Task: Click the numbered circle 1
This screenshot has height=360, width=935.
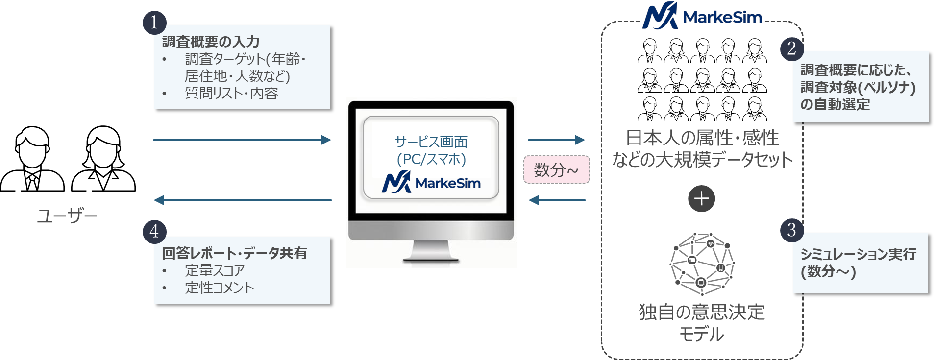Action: [154, 23]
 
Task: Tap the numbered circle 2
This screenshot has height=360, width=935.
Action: [791, 48]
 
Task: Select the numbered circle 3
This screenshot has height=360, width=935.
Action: [791, 230]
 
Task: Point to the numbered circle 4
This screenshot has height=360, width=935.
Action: [154, 231]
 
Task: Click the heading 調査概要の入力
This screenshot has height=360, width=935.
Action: [211, 42]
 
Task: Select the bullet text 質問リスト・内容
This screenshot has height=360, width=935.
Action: [231, 93]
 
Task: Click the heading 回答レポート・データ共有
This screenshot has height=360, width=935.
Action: [234, 253]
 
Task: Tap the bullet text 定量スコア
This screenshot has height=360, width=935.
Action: [215, 270]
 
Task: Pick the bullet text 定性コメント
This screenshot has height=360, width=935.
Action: [220, 288]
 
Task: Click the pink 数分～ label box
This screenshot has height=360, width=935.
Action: [556, 169]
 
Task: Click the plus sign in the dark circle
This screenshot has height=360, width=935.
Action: [701, 198]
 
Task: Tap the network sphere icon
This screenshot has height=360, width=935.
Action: [702, 264]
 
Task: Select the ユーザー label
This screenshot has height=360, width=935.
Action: [67, 216]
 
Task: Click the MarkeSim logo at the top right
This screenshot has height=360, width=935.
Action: [702, 16]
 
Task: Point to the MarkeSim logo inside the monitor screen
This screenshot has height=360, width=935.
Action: [431, 183]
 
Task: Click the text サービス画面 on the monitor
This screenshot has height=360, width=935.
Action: [431, 142]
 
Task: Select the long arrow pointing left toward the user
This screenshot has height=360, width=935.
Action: [243, 200]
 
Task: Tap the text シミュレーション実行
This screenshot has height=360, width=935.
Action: [858, 254]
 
